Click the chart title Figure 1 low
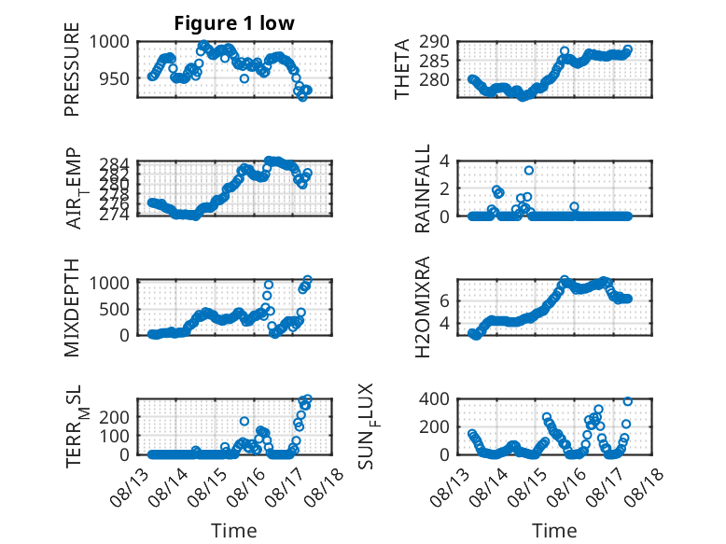click(x=234, y=23)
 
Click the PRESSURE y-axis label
click(x=72, y=69)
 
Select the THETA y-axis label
click(x=402, y=69)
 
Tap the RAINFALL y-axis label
click(x=423, y=188)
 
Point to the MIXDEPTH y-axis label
click(x=72, y=307)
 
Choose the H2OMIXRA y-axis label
click(x=423, y=307)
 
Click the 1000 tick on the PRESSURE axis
click(x=109, y=42)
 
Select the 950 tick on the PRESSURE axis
click(x=115, y=78)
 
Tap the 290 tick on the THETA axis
click(x=434, y=42)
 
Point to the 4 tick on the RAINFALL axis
click(x=444, y=161)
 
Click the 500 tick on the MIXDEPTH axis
click(x=115, y=309)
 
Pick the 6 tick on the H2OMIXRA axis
click(x=444, y=301)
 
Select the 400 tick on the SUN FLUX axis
click(x=434, y=398)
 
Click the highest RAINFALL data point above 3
click(x=529, y=171)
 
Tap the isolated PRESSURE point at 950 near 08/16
click(x=244, y=78)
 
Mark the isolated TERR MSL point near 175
click(x=244, y=422)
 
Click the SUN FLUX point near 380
click(x=628, y=401)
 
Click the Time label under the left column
click(x=234, y=531)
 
